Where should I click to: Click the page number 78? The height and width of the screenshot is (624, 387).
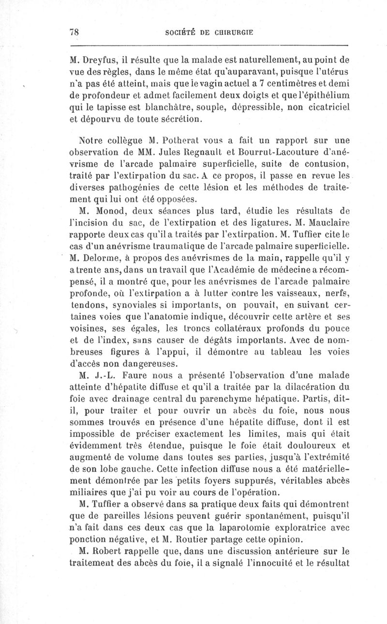click(x=74, y=32)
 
